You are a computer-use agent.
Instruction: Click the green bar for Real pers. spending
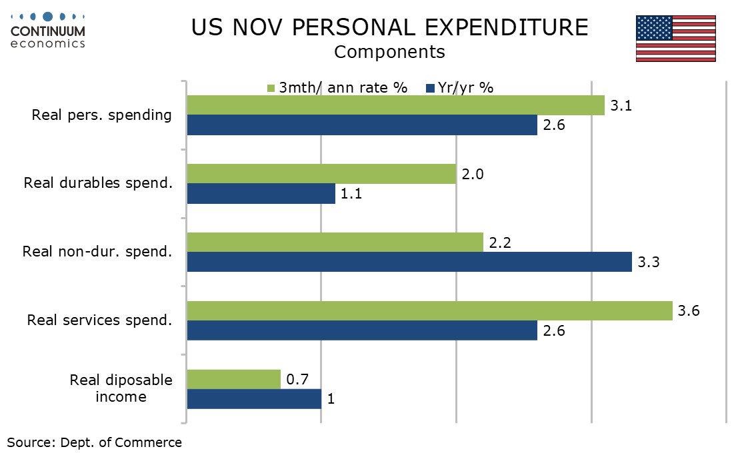[395, 105]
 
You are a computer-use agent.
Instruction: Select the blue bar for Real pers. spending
[362, 125]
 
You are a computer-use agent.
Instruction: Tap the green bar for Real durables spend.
[321, 174]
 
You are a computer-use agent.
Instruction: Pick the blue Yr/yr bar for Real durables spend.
[261, 193]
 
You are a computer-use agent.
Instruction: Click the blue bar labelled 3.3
[409, 262]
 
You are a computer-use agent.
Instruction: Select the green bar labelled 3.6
[429, 310]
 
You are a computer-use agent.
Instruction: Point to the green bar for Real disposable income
[233, 379]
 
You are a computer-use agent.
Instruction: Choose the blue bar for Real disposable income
[254, 398]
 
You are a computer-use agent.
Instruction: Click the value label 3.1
[621, 105]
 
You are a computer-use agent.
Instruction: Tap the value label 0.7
[297, 379]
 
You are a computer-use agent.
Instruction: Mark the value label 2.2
[499, 243]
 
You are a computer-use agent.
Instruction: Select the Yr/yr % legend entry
[459, 87]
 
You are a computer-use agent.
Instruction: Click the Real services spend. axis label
[99, 320]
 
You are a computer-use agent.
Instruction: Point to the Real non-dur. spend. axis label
[97, 251]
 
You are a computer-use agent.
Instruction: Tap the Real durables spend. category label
[98, 183]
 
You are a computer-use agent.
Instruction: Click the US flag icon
[675, 38]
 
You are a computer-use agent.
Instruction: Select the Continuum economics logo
[48, 31]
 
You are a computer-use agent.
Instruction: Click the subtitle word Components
[389, 51]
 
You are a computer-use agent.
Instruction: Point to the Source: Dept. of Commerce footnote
[94, 442]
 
